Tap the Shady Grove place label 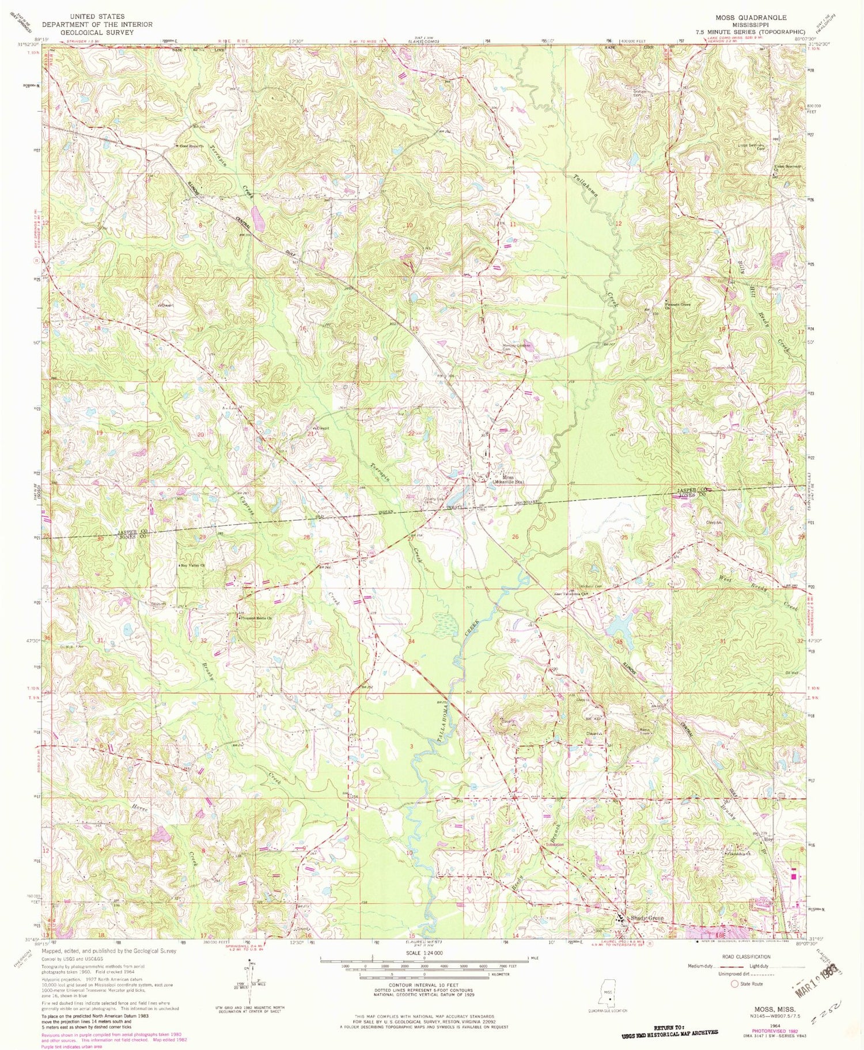[647, 918]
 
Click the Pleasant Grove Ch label [677, 305]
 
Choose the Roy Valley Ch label [192, 566]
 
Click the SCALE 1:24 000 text [423, 953]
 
